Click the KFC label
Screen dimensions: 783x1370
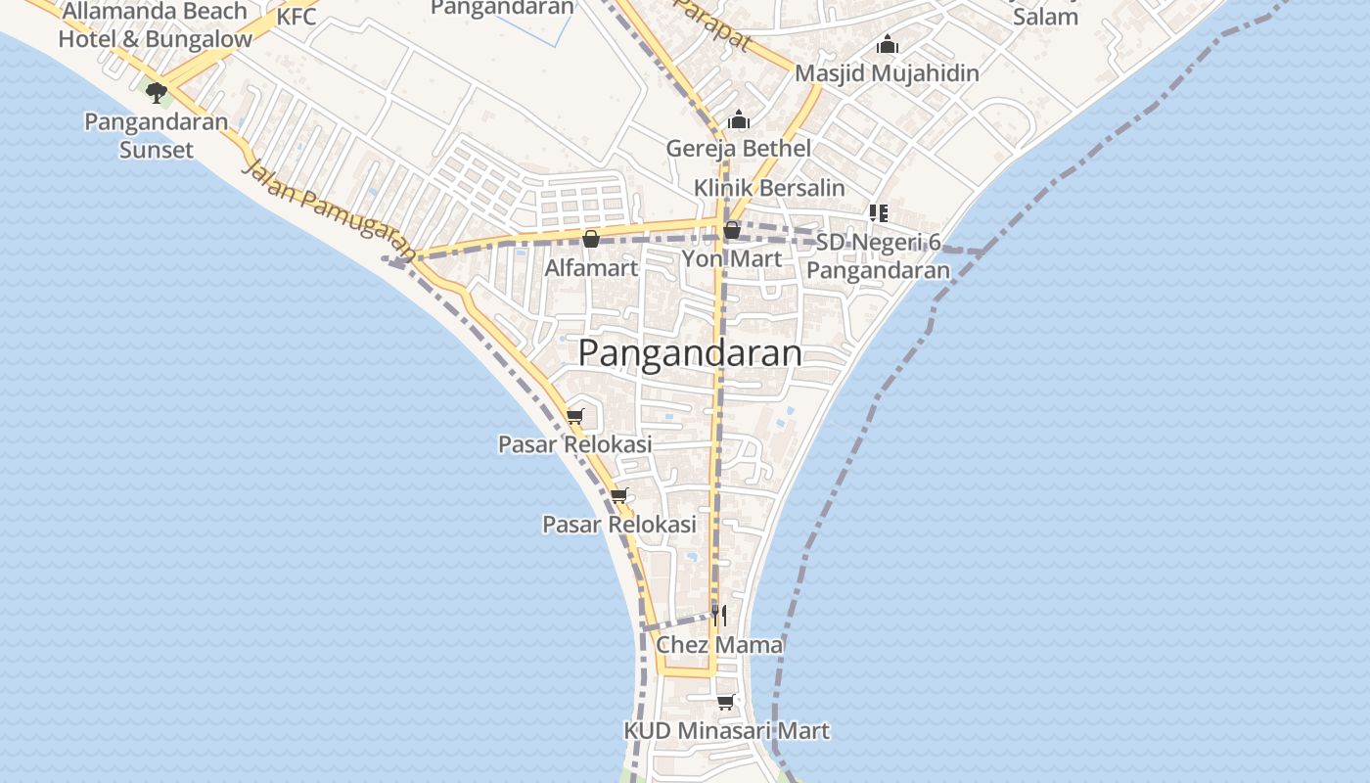[x=297, y=17]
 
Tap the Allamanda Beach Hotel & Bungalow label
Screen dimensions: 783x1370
[x=155, y=25]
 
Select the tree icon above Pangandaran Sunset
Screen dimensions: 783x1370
[x=156, y=92]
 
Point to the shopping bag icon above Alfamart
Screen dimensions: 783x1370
[x=591, y=239]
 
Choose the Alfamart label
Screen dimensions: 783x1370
[x=591, y=267]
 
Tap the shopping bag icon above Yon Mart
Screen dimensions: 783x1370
[x=731, y=231]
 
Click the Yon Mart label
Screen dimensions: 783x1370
[x=732, y=258]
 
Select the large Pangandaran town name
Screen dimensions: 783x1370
[x=690, y=353]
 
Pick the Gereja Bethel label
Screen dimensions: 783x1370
[x=739, y=149]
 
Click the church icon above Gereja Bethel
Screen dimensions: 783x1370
[x=739, y=120]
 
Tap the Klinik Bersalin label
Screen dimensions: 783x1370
[x=769, y=187]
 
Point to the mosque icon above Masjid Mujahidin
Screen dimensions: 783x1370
[x=888, y=45]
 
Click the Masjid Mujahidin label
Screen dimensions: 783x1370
[x=887, y=73]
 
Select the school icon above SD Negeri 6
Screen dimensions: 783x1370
[x=878, y=212]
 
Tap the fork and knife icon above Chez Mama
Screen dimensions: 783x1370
[x=719, y=615]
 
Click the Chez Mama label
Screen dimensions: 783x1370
[x=719, y=644]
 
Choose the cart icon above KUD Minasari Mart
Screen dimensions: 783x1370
[x=725, y=702]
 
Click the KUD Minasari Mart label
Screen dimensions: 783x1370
[x=726, y=730]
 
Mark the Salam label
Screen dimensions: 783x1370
[x=1045, y=17]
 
